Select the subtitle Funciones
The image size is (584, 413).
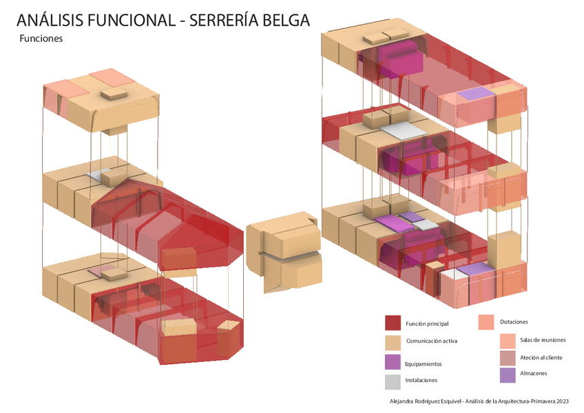41,39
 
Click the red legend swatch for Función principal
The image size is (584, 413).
393,323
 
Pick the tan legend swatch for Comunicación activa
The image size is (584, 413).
393,342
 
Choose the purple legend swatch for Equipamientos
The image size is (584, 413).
393,362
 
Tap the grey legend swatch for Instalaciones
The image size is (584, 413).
393,381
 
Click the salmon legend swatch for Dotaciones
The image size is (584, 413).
486,322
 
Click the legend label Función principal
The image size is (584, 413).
427,324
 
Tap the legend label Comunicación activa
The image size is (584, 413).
432,341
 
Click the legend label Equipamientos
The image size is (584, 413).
424,363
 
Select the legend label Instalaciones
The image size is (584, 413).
421,380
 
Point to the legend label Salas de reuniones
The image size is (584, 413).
543,340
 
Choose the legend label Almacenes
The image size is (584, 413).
534,373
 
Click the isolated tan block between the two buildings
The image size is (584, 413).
284,252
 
